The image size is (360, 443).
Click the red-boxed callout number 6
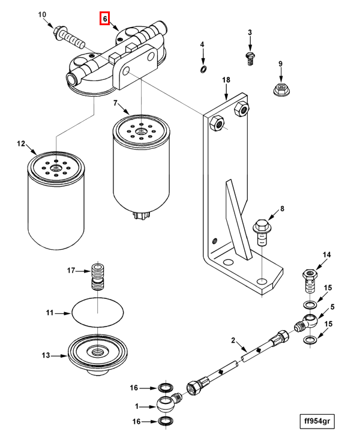[x=105, y=19]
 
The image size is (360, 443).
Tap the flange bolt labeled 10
[x=70, y=37]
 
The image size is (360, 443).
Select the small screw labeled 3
[x=250, y=59]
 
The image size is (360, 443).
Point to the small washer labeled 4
[x=203, y=69]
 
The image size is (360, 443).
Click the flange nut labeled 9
[x=280, y=89]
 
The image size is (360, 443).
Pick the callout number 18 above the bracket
[x=226, y=80]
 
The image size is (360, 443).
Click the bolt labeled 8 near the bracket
[x=260, y=232]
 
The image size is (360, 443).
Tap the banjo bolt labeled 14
[x=310, y=281]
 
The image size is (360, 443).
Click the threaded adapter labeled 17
[x=97, y=276]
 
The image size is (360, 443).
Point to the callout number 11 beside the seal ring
[x=50, y=313]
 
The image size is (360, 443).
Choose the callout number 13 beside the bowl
[x=46, y=355]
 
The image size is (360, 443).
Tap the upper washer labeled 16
[x=166, y=387]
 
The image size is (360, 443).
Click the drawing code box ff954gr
[x=317, y=421]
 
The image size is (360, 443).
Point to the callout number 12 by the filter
[x=21, y=144]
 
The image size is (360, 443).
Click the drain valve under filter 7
[x=140, y=215]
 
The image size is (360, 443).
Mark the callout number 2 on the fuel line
[x=233, y=340]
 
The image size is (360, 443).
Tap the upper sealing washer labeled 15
[x=310, y=305]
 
